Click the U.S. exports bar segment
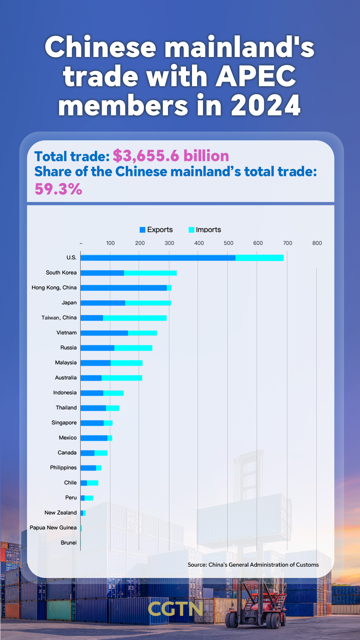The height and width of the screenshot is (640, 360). click(158, 258)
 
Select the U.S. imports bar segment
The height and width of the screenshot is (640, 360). click(259, 258)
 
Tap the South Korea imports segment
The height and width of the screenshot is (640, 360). click(150, 273)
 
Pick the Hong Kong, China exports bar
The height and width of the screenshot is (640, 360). click(123, 288)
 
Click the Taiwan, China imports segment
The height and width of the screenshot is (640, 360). click(135, 318)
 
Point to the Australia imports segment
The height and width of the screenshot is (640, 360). click(122, 378)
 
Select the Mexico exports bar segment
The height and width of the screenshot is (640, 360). click(94, 438)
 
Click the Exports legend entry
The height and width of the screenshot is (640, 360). click(156, 230)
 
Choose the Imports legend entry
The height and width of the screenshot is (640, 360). click(205, 230)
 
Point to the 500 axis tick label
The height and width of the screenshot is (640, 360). click(228, 243)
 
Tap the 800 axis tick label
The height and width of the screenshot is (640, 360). click(317, 243)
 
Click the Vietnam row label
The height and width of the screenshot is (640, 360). click(66, 333)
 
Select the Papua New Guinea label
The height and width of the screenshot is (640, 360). click(53, 528)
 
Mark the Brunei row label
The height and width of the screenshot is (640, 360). click(69, 543)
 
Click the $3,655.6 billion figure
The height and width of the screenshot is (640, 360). click(171, 156)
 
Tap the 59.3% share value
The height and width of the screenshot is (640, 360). click(58, 189)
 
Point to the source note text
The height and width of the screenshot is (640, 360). click(253, 565)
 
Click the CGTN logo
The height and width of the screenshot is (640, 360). click(175, 609)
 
